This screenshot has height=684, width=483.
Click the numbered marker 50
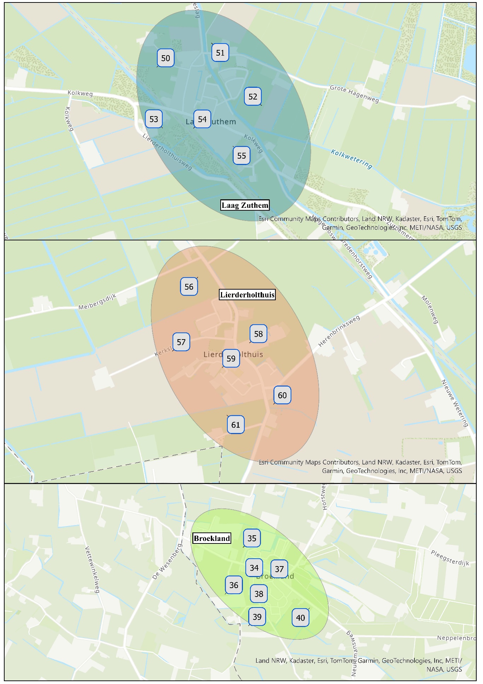(x=165, y=58)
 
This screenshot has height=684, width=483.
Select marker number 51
(x=220, y=53)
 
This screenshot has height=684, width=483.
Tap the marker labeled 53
(x=154, y=119)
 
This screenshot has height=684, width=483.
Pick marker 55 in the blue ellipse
(x=241, y=156)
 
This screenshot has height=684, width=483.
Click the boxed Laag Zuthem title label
(x=245, y=205)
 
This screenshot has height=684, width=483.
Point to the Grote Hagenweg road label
(x=354, y=94)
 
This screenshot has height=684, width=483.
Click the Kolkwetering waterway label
(x=351, y=159)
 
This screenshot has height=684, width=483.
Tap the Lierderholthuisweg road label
(x=167, y=152)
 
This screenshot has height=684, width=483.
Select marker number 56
(x=189, y=287)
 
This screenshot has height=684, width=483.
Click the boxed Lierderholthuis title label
(x=247, y=295)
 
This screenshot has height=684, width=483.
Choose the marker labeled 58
(x=258, y=334)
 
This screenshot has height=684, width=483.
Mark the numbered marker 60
(x=282, y=395)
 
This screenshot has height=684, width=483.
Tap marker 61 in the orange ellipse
(x=235, y=425)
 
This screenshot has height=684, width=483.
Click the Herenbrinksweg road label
(x=339, y=331)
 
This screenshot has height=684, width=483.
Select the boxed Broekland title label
(x=212, y=538)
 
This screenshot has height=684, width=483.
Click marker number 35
(x=252, y=538)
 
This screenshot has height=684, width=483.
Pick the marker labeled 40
(x=300, y=618)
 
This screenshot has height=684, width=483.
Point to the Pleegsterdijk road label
(x=450, y=558)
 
